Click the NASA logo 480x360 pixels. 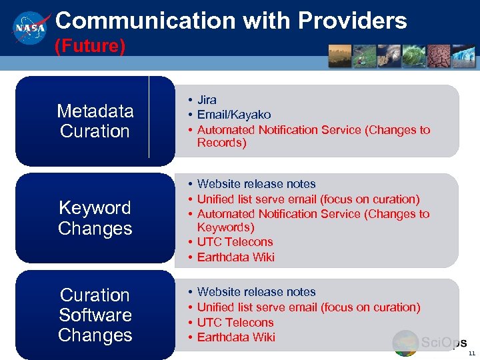pos(30,27)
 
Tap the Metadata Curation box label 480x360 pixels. pos(95,121)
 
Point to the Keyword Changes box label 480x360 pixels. pos(95,218)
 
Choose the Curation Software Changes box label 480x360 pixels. pos(95,315)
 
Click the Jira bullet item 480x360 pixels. pos(207,100)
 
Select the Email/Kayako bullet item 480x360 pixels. pos(233,115)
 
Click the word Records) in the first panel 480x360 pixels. pos(221,143)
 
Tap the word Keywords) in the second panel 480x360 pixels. pos(225,227)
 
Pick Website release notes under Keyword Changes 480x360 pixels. pos(256,184)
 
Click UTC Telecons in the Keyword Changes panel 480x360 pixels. pos(235,242)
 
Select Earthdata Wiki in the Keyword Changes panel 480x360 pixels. pos(235,257)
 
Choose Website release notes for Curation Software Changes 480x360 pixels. pos(256,292)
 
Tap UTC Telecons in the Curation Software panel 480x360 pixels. pos(235,323)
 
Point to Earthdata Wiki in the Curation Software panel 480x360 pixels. pos(235,337)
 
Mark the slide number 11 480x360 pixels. pos(471,353)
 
